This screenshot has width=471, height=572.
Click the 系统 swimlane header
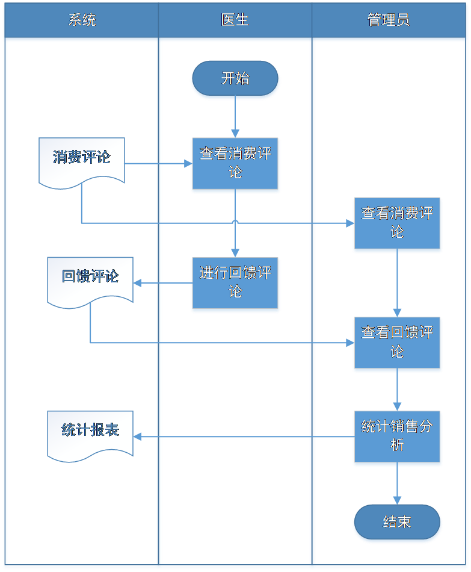pyautogui.click(x=82, y=20)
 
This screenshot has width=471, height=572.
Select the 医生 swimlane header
pyautogui.click(x=235, y=20)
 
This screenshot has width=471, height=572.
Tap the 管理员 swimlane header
pyautogui.click(x=389, y=20)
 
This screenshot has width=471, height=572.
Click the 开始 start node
pyautogui.click(x=235, y=79)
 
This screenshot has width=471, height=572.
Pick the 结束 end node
pyautogui.click(x=397, y=523)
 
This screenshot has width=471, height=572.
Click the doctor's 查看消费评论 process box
pyautogui.click(x=235, y=164)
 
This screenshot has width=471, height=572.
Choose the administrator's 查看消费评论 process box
pyautogui.click(x=397, y=224)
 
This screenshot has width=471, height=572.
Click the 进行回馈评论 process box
pyautogui.click(x=235, y=284)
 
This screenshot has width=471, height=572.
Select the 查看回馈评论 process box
pyautogui.click(x=397, y=344)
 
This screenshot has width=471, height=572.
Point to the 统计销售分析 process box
pyautogui.click(x=397, y=438)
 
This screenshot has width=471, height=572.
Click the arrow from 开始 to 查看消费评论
pyautogui.click(x=235, y=118)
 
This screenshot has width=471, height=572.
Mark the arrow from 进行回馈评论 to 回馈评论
pyautogui.click(x=162, y=283)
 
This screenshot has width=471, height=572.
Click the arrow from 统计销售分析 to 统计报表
pyautogui.click(x=241, y=437)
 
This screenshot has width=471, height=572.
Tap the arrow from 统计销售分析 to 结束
pyautogui.click(x=397, y=485)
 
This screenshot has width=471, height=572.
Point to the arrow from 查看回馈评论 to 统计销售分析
pyautogui.click(x=397, y=391)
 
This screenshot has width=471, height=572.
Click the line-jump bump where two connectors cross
pyautogui.click(x=235, y=222)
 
